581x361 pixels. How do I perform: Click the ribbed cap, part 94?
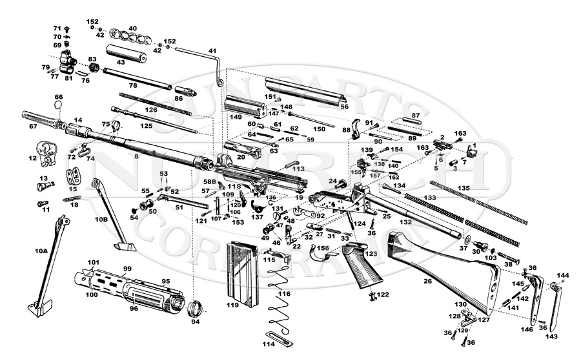click(194, 307)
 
